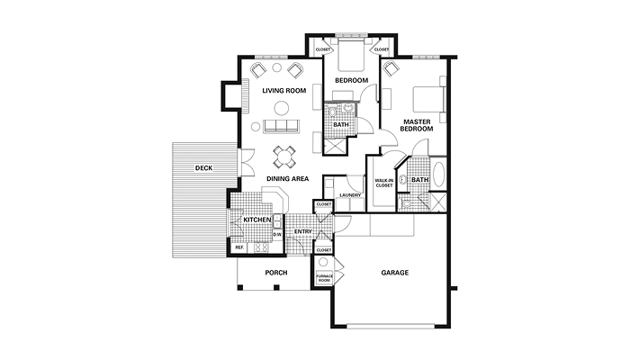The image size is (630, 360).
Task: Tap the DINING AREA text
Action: pos(288,179)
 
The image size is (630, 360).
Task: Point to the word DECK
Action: pos(203,168)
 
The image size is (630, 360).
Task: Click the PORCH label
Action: pos(274,273)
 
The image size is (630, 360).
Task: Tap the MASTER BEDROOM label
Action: pos(418,125)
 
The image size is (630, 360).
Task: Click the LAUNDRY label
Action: pos(350,194)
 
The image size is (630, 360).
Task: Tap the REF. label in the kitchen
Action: pos(239,247)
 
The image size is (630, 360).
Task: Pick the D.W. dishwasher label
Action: pos(278,234)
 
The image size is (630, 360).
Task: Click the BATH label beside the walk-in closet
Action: pos(420,180)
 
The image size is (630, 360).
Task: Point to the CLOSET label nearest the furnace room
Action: pos(324,249)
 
